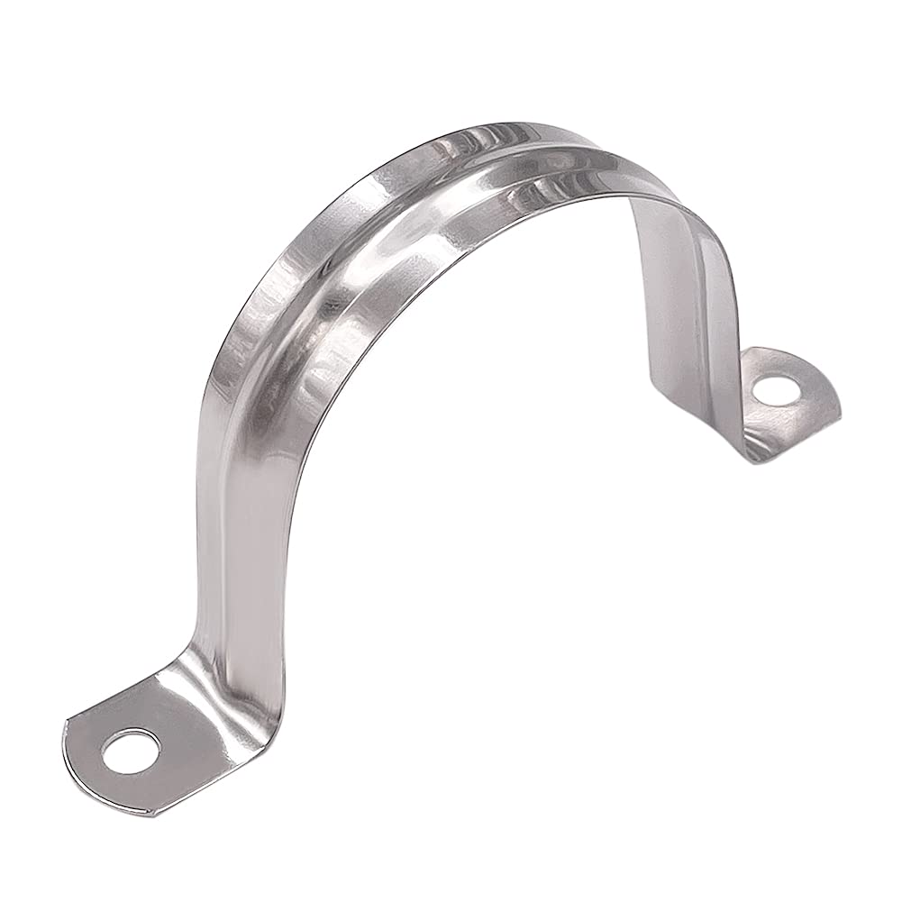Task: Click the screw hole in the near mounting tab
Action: pyautogui.click(x=131, y=751)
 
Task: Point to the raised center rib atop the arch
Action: pyautogui.click(x=424, y=225)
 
